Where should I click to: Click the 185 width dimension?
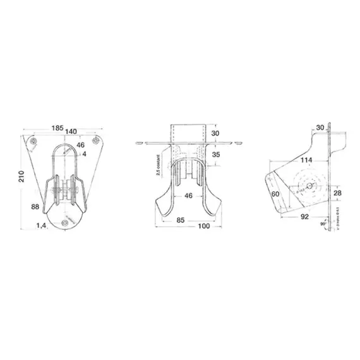pos(57,129)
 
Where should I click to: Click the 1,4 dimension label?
pos(42,225)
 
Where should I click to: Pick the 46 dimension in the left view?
pos(80,145)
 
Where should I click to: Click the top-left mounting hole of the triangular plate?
pos(33,140)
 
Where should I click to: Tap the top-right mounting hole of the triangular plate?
pos(95,140)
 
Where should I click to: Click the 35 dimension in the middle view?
pos(215,154)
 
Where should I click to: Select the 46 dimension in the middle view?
pos(189,196)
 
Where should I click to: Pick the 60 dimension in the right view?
pos(275,195)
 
